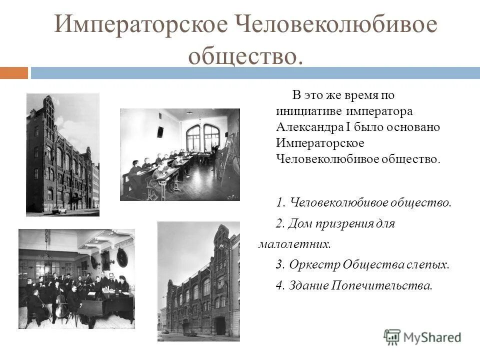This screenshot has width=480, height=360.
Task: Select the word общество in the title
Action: (245, 54)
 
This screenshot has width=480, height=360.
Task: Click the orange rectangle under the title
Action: (14, 73)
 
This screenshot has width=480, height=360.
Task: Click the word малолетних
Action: (294, 244)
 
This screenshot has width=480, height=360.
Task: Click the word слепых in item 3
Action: (431, 265)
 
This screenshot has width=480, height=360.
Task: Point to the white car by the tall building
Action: (59, 209)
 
